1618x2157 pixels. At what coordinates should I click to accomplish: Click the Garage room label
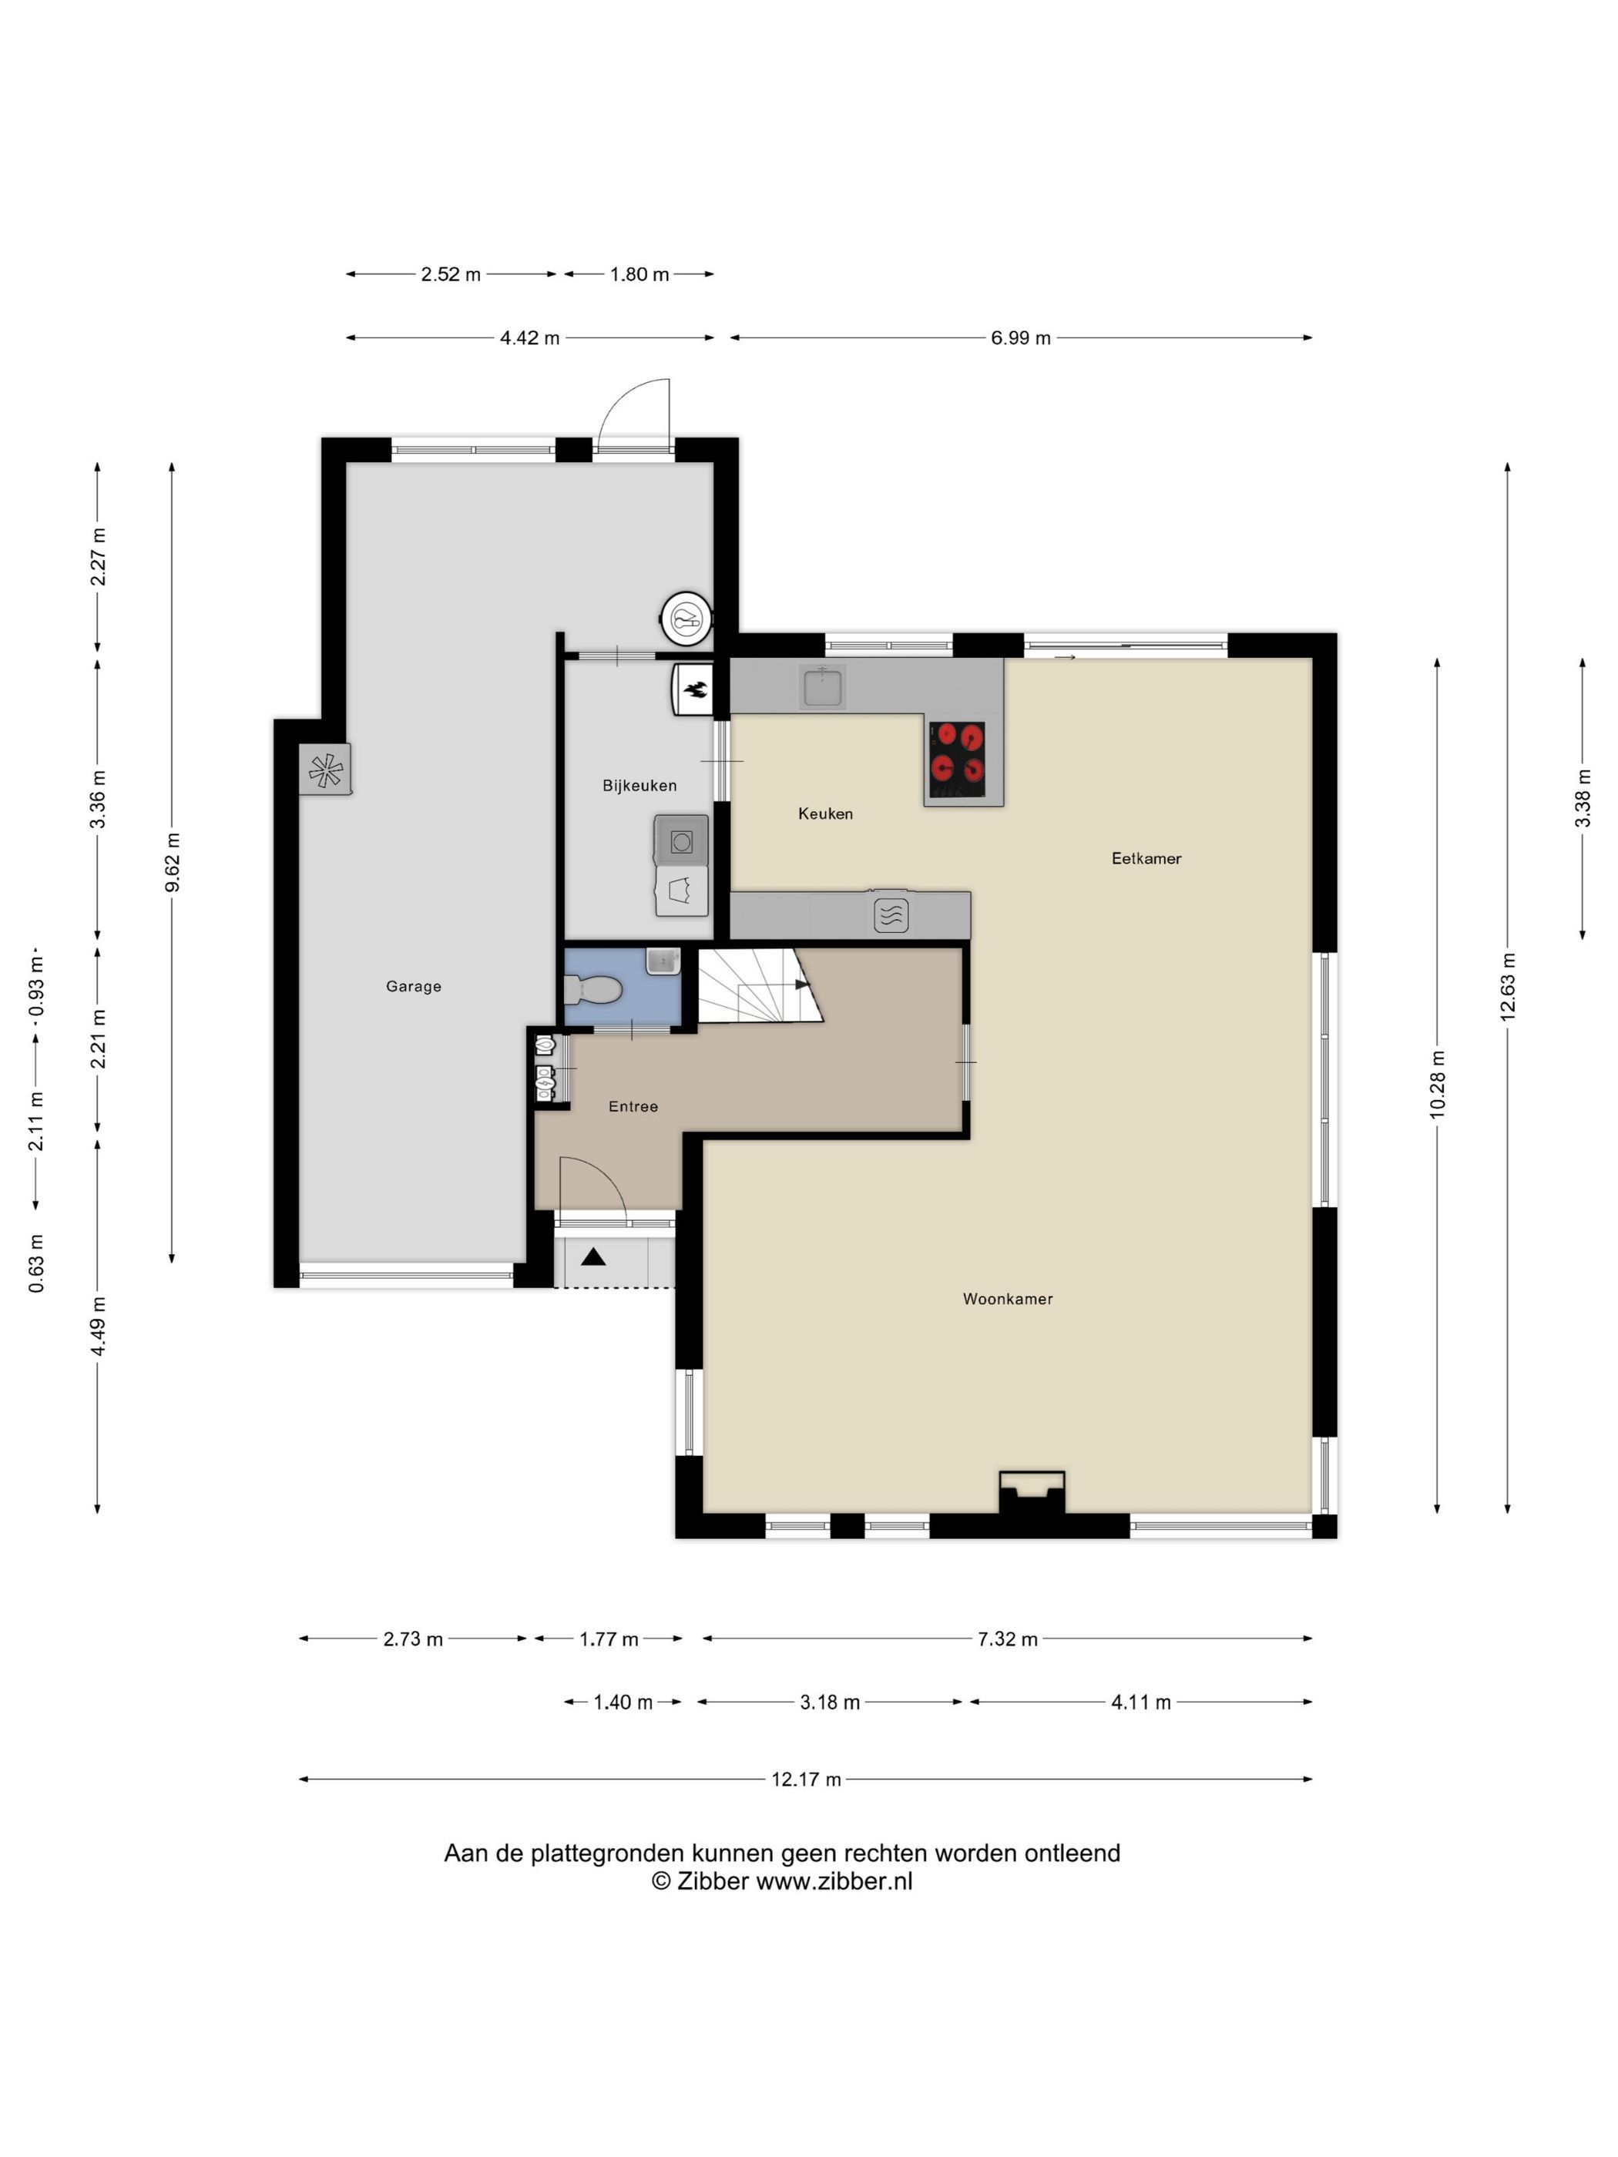(x=414, y=986)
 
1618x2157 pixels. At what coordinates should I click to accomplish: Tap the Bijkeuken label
(x=639, y=785)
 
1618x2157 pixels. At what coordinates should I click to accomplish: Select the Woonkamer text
(x=1008, y=1298)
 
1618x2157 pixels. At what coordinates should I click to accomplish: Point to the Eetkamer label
(x=1146, y=858)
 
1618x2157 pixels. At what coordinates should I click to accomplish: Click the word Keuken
(x=825, y=813)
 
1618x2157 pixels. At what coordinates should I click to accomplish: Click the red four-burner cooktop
(x=957, y=759)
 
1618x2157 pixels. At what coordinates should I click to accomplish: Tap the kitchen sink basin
(x=823, y=686)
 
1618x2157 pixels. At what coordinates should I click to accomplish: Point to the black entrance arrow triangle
(x=593, y=1257)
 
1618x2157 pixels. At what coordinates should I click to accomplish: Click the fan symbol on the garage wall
(x=326, y=770)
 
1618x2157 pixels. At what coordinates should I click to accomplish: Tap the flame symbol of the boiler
(x=697, y=691)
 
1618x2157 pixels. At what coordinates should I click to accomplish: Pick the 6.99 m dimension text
(x=1020, y=337)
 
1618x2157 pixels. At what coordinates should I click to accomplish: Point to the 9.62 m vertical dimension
(x=172, y=862)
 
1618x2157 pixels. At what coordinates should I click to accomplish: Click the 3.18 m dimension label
(x=830, y=1702)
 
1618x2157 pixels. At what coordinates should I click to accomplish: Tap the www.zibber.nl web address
(x=834, y=1881)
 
